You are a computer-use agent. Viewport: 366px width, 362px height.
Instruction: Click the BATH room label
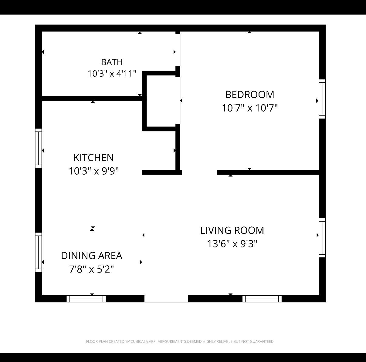coord(112,62)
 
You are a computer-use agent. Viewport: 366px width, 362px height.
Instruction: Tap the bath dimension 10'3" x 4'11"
coord(112,73)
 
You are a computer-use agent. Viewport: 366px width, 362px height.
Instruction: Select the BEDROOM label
coord(249,95)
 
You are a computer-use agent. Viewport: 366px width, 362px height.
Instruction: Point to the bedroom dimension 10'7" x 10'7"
coord(250,108)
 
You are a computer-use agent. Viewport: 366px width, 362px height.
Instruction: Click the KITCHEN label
coord(93,158)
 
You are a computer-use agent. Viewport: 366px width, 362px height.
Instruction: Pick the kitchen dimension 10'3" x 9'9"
coord(93,171)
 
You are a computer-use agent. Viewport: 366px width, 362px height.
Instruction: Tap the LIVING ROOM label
coord(232,230)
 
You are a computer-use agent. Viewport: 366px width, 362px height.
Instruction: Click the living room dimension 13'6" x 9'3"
coord(232,244)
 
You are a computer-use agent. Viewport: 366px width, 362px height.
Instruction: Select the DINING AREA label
coord(92,256)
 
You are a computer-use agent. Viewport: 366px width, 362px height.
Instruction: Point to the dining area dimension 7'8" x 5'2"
coord(92,269)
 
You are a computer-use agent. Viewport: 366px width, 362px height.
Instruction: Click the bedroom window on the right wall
coord(322,99)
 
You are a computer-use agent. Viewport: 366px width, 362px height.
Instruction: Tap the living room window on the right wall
coord(322,238)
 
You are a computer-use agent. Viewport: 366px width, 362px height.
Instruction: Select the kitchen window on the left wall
coord(38,148)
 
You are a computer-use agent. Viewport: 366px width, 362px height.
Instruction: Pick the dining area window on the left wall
coord(38,252)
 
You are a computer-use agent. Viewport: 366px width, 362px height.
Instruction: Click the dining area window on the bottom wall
coord(86,299)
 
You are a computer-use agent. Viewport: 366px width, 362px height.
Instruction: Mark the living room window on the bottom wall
coord(262,299)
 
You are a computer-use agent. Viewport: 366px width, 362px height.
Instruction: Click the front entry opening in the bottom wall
coord(166,299)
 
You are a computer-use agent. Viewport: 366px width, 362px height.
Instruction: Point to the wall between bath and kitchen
coord(92,99)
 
